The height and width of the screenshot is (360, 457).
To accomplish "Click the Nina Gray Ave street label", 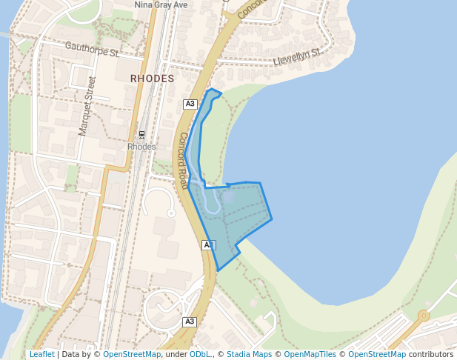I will point(161,4).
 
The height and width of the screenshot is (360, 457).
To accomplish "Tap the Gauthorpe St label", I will point(92,50).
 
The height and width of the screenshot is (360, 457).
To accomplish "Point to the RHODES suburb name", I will point(152,78).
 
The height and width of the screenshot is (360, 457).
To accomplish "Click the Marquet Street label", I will point(87,106).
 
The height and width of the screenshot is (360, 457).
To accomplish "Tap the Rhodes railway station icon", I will point(141,135).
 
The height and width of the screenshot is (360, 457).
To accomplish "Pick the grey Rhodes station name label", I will point(141,147).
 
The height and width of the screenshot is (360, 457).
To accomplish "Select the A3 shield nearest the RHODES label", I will point(190,104).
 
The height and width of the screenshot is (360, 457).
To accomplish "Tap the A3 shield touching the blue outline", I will point(208,244).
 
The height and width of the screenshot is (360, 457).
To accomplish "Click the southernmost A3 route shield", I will point(190,321).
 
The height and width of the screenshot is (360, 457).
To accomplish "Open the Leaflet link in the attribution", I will point(41,354).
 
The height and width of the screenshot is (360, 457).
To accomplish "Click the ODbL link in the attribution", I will point(200,354).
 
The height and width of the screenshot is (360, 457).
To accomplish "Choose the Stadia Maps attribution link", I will point(249,354).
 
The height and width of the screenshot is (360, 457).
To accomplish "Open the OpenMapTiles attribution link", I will point(310,354).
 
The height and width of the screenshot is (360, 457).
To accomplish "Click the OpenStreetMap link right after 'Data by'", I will point(132,354).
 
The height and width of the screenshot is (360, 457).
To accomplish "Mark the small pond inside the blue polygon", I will point(227,197).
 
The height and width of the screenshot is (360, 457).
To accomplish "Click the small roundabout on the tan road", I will point(423,316).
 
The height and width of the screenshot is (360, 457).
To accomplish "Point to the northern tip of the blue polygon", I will point(212,90).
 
